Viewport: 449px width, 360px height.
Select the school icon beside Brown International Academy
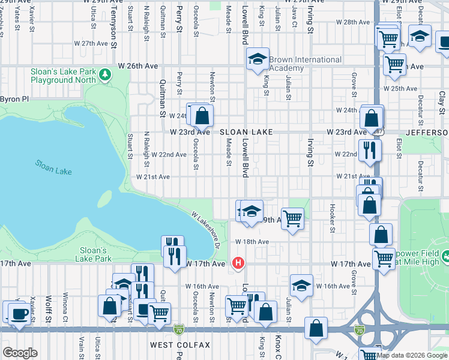(258, 59)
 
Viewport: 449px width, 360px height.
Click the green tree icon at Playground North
(106, 74)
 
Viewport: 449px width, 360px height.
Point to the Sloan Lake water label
(53, 167)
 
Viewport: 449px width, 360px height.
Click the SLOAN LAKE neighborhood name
(246, 131)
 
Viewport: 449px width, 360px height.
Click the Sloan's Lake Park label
(93, 254)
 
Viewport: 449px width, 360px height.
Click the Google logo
(20, 353)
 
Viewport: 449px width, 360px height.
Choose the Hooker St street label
(331, 217)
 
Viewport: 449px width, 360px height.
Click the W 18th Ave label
(252, 241)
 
